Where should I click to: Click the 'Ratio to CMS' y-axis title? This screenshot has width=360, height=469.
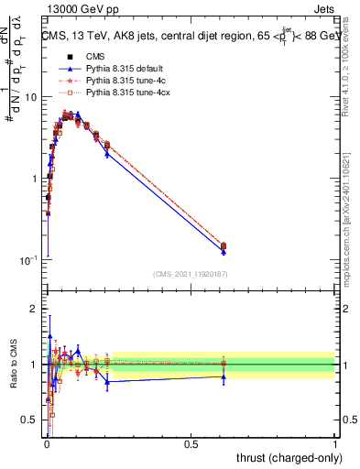point(12,365)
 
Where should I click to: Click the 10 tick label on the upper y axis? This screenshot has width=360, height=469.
point(30,97)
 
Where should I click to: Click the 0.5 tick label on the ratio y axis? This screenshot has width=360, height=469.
point(29,420)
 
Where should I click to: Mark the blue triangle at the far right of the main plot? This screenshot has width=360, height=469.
point(224,251)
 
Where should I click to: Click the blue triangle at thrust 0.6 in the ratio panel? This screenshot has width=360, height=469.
point(224,376)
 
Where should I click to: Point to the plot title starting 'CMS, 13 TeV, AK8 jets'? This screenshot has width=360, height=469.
point(189,37)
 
